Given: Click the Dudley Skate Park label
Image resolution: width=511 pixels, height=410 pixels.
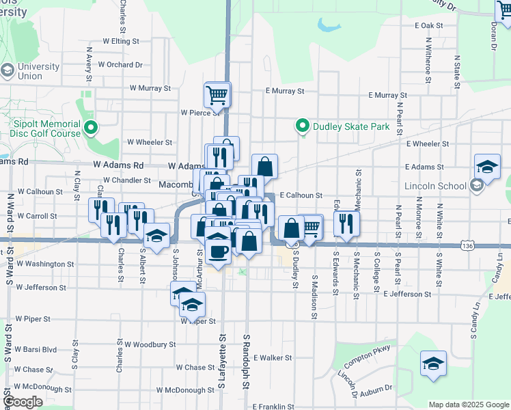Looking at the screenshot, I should tap(350, 126).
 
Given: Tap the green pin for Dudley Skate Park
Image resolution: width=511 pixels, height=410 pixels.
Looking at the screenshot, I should tap(301, 126).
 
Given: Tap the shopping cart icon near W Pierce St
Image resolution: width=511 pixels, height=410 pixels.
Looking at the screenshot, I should tap(217, 95).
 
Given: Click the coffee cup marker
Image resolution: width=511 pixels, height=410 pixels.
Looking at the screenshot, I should tap(218, 250).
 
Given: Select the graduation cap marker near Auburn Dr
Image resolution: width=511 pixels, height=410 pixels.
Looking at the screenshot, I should tap(433, 364).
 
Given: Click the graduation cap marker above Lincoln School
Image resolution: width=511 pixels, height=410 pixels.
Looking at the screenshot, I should tap(487, 166).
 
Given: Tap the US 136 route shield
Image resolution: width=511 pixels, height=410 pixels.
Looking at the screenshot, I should tap(467, 244).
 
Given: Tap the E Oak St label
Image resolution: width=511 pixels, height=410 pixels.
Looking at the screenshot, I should tap(429, 25).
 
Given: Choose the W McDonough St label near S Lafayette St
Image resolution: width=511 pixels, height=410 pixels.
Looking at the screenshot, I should tap(185, 390).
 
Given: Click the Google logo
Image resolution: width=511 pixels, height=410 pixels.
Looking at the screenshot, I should tap(23, 402).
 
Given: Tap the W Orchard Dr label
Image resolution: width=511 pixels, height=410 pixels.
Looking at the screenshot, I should tap(120, 65).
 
